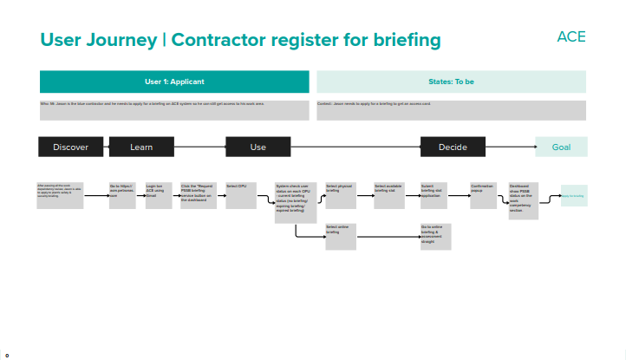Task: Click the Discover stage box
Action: point(70,147)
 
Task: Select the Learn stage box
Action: point(141,147)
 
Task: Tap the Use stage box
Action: point(258,147)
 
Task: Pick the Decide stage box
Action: point(453,147)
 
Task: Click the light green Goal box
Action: point(561,147)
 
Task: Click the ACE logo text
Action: point(571,36)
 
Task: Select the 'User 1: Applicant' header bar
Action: point(174,82)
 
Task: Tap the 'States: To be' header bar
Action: point(451,82)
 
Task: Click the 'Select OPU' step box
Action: point(240,194)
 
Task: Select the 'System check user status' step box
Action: point(295,202)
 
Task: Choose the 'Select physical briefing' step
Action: point(341,194)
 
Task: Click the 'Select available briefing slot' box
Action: point(389,194)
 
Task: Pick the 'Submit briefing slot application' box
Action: point(435,194)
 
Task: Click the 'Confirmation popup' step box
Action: point(484,194)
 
